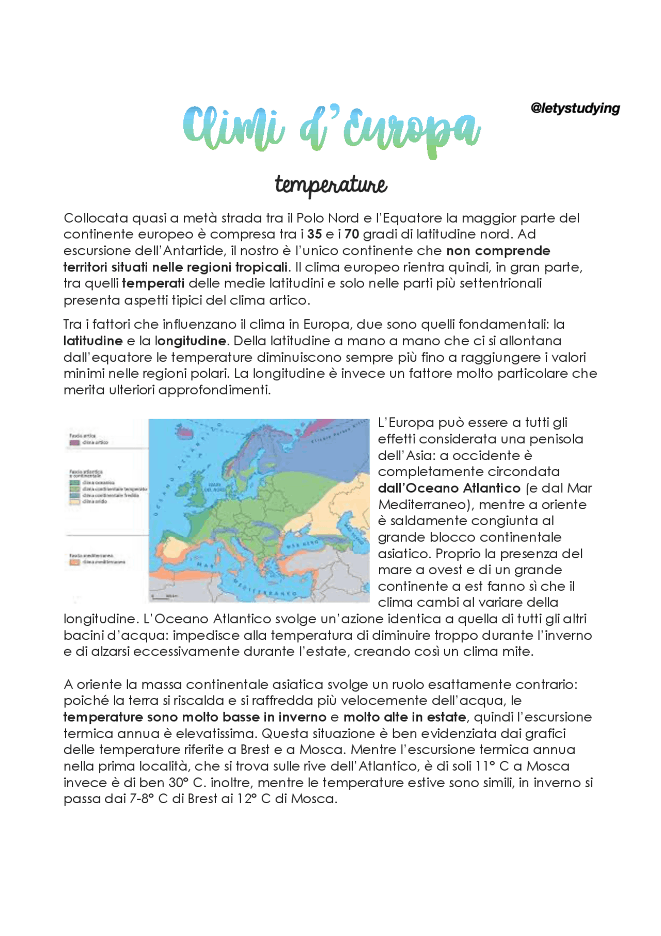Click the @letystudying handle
(575, 109)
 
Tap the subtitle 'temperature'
(330, 185)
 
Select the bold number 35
(314, 234)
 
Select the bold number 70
(352, 234)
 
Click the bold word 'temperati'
(153, 283)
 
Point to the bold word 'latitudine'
(93, 341)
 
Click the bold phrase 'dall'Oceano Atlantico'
(449, 488)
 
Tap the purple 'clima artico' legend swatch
(74, 442)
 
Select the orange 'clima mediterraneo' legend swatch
(74, 562)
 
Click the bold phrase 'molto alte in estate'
(404, 717)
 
